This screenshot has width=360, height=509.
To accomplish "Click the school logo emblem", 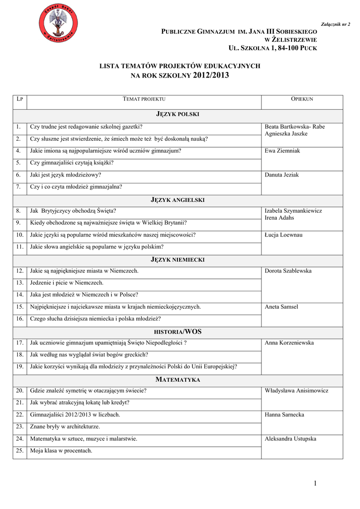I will click(59, 22).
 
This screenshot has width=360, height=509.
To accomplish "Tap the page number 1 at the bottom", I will click(315, 483).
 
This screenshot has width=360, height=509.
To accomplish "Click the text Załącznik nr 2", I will click(340, 24).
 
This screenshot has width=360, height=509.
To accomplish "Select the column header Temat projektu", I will click(144, 100).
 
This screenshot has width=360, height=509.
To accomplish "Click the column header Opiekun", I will click(302, 100).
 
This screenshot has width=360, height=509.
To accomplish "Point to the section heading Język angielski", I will click(178, 200).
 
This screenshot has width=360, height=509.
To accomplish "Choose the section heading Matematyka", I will click(178, 380).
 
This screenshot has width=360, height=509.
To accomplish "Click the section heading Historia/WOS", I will click(178, 332).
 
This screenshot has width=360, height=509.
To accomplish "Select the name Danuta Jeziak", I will click(282, 175).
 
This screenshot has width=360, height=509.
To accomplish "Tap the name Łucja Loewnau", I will click(283, 235).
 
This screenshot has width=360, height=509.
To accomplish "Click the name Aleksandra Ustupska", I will click(290, 439).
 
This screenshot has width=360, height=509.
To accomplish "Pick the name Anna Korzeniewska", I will click(289, 343).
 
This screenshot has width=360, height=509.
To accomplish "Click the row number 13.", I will click(20, 283).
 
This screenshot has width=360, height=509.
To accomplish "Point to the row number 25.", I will click(20, 451).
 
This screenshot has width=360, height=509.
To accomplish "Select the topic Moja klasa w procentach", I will click(61, 451).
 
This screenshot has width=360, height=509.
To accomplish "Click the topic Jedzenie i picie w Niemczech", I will click(67, 283).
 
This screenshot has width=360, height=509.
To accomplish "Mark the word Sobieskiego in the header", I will click(296, 32).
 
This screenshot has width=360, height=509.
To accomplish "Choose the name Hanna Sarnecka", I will click(284, 415).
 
